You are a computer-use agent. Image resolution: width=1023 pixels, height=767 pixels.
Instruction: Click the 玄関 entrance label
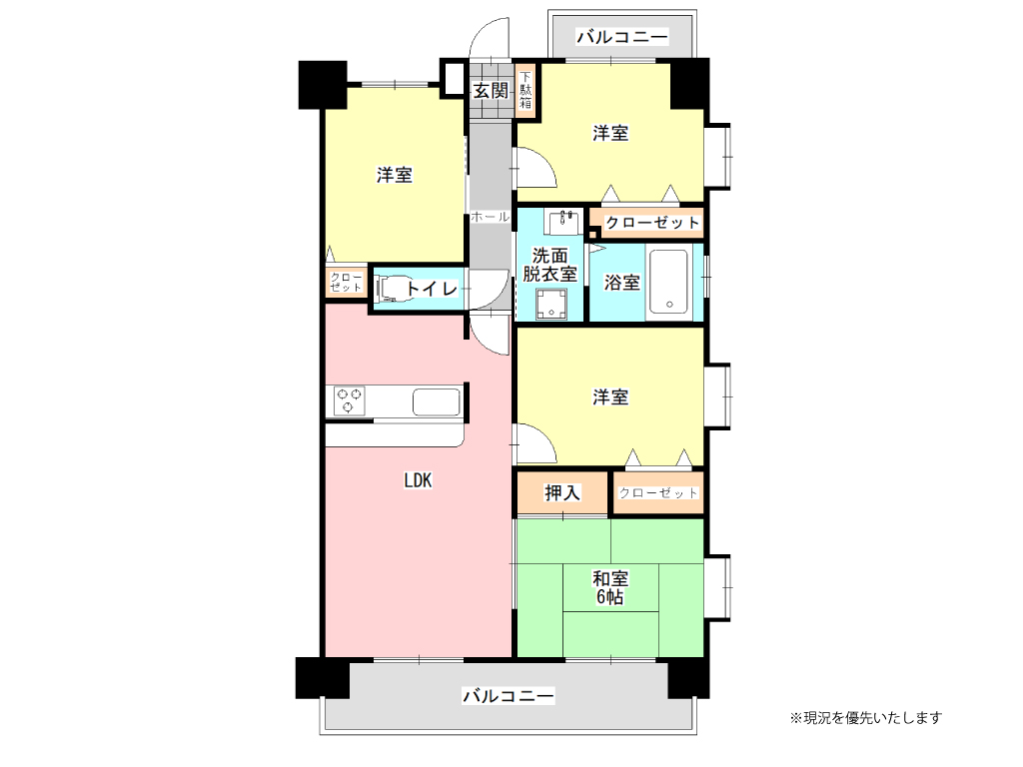coord(491,91)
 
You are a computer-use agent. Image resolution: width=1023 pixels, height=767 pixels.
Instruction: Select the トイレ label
coord(432,290)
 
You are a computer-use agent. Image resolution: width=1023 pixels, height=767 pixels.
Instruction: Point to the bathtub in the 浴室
coord(668,282)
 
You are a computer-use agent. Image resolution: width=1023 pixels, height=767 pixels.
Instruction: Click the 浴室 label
coord(622,284)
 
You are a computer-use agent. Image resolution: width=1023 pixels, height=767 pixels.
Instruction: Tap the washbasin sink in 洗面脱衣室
coord(565,219)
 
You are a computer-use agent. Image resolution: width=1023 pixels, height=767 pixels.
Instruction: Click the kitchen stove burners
coord(349,400)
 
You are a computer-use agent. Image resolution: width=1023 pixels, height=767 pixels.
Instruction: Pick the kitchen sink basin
coord(436,402)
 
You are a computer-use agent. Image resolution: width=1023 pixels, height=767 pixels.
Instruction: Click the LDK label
coord(417,480)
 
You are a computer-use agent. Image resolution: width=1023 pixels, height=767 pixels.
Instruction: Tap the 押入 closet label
coord(562,492)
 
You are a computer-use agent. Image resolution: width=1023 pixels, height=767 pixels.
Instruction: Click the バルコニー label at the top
coord(621,38)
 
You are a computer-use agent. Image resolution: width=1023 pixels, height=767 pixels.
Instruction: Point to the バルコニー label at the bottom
coord(508,695)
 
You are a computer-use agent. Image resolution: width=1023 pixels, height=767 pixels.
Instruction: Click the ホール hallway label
coord(490,217)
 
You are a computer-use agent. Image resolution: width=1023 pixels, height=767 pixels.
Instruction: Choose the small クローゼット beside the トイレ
coord(346,282)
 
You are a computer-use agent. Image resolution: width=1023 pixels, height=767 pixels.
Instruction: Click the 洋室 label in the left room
coord(395,176)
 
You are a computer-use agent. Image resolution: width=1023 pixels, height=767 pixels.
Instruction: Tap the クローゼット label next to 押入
coord(658,493)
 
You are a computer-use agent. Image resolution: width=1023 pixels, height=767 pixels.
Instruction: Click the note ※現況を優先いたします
coord(865,717)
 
